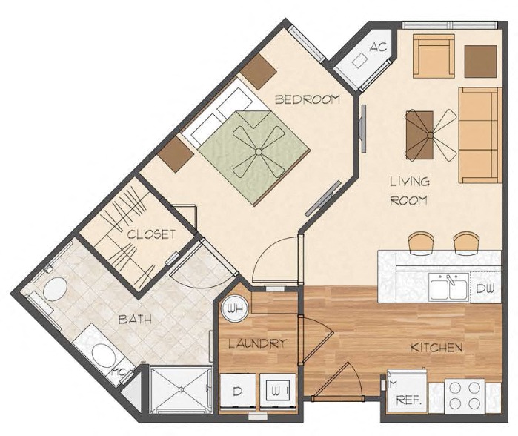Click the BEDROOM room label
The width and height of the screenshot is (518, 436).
307,99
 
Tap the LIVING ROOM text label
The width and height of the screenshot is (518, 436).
410,191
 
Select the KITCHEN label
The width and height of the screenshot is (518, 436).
437,347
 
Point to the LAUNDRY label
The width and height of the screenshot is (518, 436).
256,343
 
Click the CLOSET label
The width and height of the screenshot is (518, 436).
150,234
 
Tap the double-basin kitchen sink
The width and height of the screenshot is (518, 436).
448,287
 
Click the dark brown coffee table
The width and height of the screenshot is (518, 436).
419,128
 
